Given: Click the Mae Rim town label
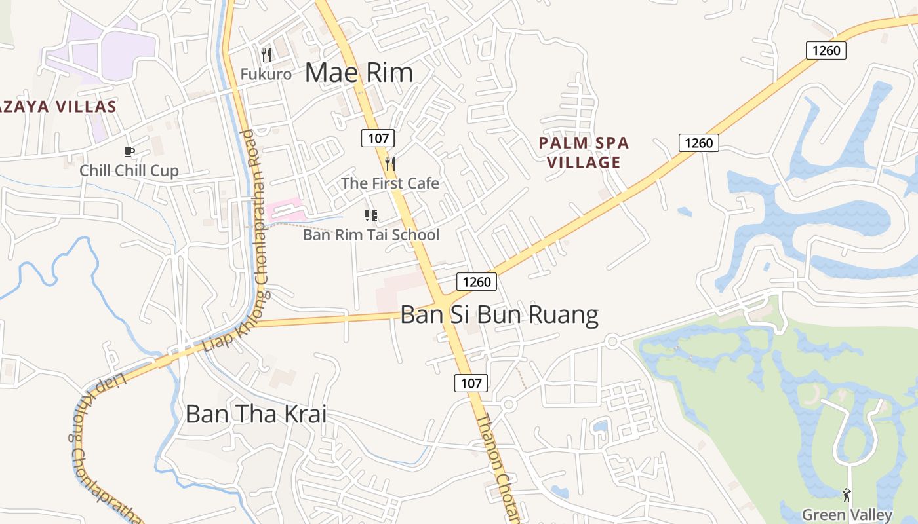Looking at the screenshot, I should pos(359,73).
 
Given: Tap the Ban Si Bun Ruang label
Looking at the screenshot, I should pos(499,315).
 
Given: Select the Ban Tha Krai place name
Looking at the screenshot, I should pos(256,414).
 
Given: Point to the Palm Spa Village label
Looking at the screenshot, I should pos(584,153).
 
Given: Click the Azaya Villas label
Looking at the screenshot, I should pos(58,107).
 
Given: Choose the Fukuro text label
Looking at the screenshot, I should pos(266,74).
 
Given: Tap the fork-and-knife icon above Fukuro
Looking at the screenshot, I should pos(266,54).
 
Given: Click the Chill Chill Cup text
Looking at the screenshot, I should pos(129,171).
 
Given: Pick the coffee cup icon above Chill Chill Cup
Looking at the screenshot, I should pos(129,152).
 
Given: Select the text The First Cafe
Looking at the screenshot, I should pos(390,183).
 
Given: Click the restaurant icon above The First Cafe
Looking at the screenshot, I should pos(390,163).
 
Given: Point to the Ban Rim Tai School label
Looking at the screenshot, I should pos(371,234).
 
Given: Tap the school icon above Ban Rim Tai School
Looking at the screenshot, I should pos(371,215).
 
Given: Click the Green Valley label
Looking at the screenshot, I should pos(847,515).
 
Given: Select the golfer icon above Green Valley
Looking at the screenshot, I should pos(847,495).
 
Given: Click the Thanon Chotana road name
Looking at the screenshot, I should pos(498,468).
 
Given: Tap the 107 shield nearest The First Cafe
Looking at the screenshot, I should pos(378,138).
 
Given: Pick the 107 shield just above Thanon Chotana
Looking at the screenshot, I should pos(471,383).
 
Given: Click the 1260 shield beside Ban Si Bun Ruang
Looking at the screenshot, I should pos(476,282).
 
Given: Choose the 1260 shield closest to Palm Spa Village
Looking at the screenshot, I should pos(698,142).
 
